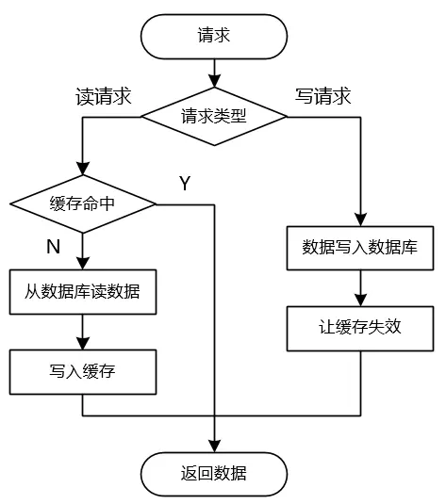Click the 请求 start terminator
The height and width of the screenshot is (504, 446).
click(214, 37)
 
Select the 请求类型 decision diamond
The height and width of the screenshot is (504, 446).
click(214, 117)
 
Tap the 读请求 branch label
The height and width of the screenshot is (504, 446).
click(104, 96)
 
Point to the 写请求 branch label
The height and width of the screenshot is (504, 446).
click(322, 96)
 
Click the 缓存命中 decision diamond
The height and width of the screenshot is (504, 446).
click(83, 203)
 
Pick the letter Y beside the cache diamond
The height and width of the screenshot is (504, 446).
click(185, 183)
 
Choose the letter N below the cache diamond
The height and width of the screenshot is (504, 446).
click(54, 247)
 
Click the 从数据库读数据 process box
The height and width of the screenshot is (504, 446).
click(83, 292)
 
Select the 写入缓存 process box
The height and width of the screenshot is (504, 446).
click(83, 372)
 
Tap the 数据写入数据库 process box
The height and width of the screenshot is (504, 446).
click(360, 248)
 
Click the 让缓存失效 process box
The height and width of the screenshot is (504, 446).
click(360, 328)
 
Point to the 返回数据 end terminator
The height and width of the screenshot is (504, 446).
click(214, 474)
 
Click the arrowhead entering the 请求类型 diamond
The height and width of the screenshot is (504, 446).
click(214, 81)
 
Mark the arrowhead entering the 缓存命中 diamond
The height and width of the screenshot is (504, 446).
click(83, 169)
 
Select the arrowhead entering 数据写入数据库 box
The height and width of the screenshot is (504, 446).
click(360, 219)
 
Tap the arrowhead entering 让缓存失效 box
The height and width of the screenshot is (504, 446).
click(360, 301)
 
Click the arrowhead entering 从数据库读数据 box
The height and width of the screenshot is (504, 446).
click(83, 264)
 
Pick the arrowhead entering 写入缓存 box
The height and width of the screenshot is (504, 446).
click(83, 344)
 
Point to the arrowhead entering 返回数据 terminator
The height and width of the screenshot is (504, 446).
click(214, 446)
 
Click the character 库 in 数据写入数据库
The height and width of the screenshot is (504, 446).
click(409, 248)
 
